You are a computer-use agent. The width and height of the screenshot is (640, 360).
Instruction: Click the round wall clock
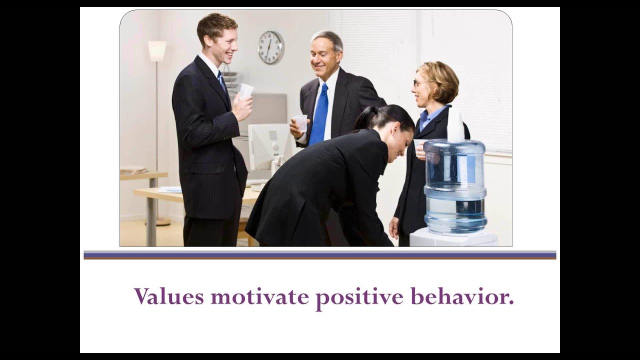click(270, 47)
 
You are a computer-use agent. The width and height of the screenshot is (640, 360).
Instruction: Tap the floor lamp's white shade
click(156, 51)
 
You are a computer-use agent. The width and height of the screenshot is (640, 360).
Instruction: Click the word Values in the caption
click(168, 296)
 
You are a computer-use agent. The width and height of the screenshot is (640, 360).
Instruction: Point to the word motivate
click(259, 296)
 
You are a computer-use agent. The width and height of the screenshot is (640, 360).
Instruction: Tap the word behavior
click(462, 296)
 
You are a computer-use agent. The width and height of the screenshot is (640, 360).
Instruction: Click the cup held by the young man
click(246, 90)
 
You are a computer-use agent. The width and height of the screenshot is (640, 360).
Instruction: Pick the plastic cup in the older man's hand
click(301, 123)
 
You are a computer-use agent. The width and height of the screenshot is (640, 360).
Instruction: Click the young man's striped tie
click(221, 80)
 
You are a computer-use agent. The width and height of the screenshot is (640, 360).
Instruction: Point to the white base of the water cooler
click(453, 238)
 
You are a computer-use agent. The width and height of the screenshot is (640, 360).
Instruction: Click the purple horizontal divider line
click(319, 255)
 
